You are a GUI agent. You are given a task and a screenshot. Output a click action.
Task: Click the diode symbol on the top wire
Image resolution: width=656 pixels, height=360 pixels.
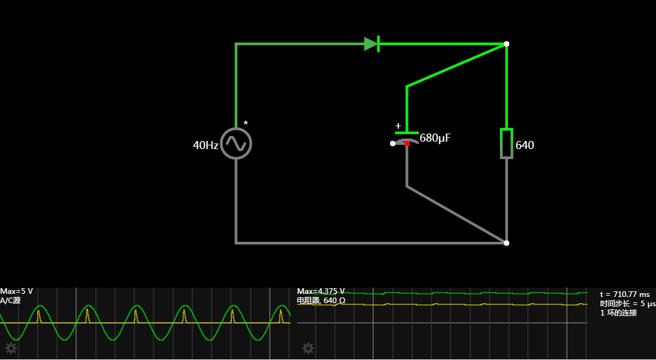tap(371, 44)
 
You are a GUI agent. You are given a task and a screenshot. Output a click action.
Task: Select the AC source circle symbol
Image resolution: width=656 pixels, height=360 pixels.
tap(236, 144)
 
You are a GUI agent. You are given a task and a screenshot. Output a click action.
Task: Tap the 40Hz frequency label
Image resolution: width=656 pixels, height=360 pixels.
tap(205, 145)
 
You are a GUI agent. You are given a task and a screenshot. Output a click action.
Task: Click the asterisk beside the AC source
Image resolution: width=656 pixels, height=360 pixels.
tap(246, 124)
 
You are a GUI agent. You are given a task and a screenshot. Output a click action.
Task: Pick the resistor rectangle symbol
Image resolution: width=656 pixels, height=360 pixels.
tap(506, 144)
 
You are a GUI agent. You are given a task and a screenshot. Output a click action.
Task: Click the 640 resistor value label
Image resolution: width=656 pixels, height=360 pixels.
tap(525, 145)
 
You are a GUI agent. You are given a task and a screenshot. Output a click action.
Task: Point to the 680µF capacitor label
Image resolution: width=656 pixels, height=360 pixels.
tap(435, 138)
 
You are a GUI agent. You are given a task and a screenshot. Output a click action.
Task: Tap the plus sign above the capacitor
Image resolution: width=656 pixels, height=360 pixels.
tap(398, 126)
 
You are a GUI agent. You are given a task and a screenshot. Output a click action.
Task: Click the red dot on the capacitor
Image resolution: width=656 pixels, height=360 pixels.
tap(407, 144)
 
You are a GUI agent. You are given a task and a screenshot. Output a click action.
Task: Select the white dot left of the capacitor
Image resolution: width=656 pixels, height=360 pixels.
tap(392, 144)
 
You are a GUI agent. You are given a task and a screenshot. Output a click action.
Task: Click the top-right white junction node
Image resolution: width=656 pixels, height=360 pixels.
tap(506, 44)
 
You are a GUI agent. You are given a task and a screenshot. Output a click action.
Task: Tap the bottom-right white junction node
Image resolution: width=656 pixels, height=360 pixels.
tap(506, 243)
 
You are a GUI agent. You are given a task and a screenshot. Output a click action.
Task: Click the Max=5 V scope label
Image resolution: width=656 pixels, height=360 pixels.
tap(17, 291)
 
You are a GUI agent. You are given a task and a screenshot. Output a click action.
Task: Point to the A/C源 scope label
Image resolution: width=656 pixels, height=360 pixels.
tap(11, 301)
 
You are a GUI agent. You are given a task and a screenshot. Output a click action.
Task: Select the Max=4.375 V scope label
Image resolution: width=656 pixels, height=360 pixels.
tap(321, 291)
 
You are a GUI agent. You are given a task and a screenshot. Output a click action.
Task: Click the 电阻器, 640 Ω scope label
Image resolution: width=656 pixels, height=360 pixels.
tap(321, 301)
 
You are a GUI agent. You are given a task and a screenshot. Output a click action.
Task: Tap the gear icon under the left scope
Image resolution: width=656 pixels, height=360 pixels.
tap(11, 348)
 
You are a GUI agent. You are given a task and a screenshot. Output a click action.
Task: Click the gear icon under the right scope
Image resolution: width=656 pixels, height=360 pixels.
tap(308, 348)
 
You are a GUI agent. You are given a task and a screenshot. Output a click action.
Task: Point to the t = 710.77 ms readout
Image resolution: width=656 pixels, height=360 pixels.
tap(625, 294)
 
